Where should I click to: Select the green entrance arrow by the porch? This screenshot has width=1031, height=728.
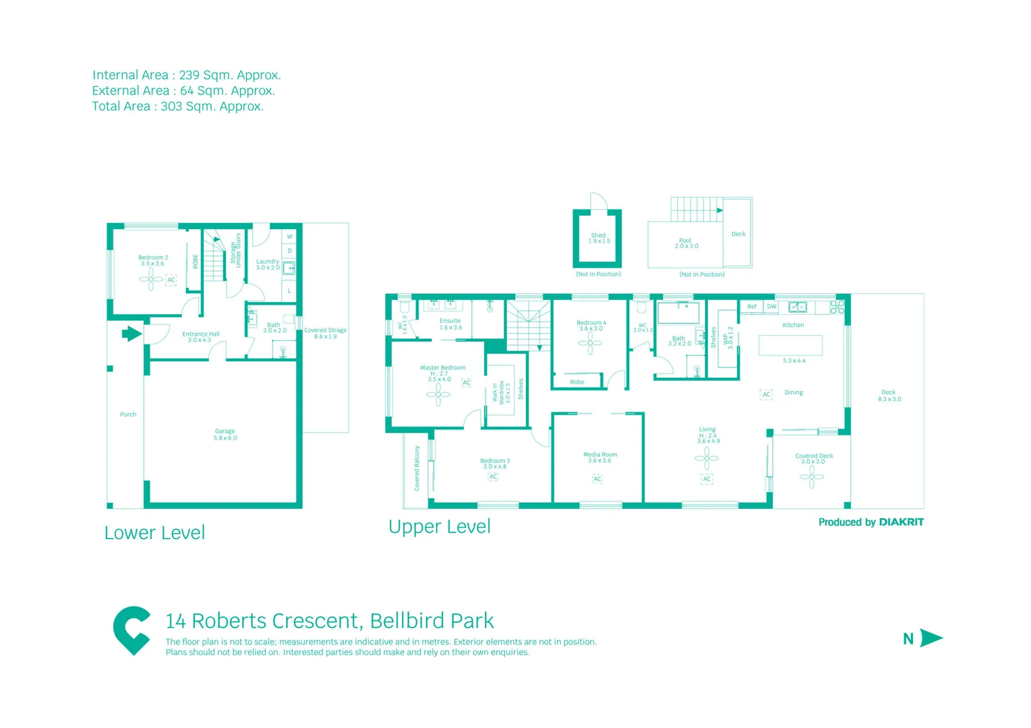point(131,334)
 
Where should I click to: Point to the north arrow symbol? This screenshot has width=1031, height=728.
point(931,638)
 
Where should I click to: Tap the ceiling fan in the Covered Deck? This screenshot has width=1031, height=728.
point(812,477)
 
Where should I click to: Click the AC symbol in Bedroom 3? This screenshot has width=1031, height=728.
point(493,477)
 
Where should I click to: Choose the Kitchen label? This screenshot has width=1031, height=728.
point(793,325)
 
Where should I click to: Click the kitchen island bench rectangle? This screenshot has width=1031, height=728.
point(790,345)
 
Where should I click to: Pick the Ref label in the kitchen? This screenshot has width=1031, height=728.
point(752,307)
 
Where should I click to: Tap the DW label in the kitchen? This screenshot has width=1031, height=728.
point(771,307)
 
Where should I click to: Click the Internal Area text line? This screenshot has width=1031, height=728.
point(186,75)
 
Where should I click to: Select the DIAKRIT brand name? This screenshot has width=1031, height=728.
point(902,522)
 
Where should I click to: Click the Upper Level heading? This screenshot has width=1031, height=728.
point(440,526)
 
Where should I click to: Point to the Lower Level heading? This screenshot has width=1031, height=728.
point(154,533)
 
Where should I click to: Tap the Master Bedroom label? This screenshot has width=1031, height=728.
point(442,368)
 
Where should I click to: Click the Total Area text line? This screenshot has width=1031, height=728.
point(177,107)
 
